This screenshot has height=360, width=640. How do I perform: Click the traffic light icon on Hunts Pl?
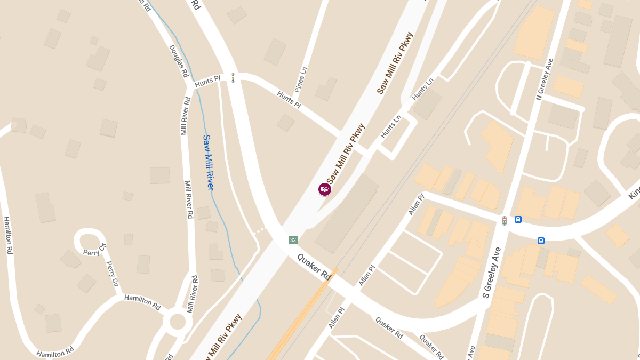pyautogui.click(x=233, y=78)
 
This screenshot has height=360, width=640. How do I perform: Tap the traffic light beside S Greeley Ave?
pyautogui.click(x=505, y=220)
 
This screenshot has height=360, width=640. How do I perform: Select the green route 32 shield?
pyautogui.click(x=293, y=240)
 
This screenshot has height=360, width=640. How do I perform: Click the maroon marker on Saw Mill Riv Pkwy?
pyautogui.click(x=324, y=189)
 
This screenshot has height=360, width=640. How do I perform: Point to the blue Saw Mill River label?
pyautogui.click(x=208, y=163)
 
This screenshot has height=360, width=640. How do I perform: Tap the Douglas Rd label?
pyautogui.click(x=179, y=60)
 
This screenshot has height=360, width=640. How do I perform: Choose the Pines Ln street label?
pyautogui.click(x=301, y=79)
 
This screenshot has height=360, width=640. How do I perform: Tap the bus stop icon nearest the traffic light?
pyautogui.click(x=518, y=219)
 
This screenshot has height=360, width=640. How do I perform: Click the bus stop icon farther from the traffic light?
pyautogui.click(x=541, y=241)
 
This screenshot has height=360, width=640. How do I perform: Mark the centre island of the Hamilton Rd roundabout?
pyautogui.click(x=177, y=322)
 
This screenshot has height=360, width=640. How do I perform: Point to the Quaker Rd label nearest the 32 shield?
pyautogui.click(x=314, y=267)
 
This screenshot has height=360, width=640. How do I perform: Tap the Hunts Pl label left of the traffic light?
pyautogui.click(x=207, y=82)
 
